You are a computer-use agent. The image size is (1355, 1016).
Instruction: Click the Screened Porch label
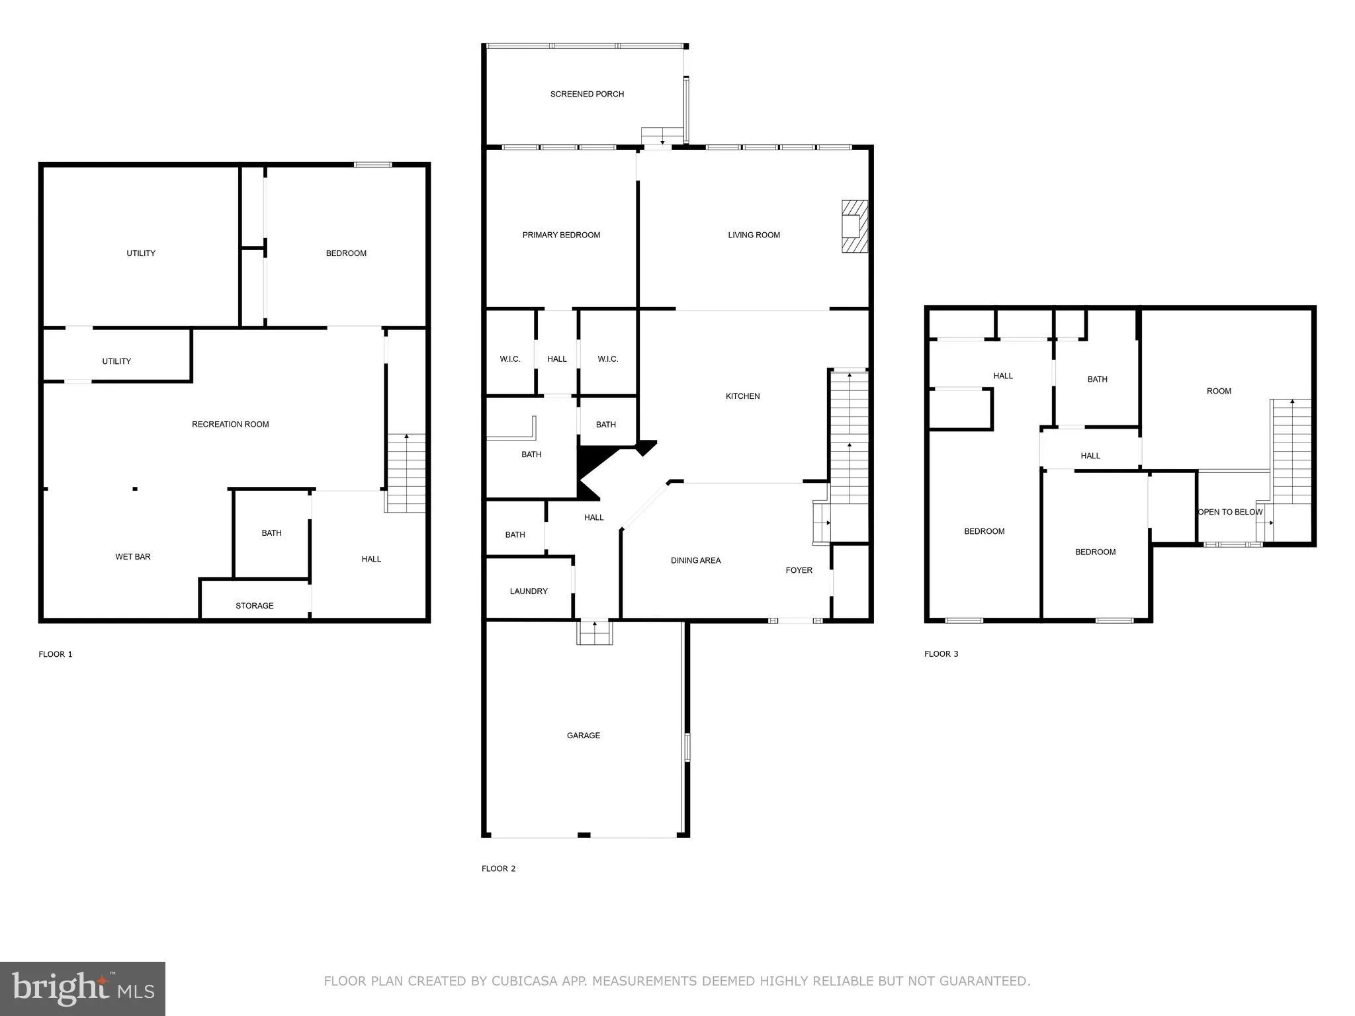point(587,95)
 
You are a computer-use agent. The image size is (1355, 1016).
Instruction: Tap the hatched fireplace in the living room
point(854,226)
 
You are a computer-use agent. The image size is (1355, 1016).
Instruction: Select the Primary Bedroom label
point(561,235)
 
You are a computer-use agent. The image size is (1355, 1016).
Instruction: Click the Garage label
point(583,736)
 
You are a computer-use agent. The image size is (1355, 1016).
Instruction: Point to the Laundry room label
point(529,591)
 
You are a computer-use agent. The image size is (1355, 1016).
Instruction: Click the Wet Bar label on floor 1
point(133,557)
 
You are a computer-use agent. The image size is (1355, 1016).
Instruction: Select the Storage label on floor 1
point(254,606)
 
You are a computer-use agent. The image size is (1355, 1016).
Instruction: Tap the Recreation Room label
point(230,425)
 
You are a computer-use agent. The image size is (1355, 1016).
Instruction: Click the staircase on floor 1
point(406,472)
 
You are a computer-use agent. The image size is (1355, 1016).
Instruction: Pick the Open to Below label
point(1230,512)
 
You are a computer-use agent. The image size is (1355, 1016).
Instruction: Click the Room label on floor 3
point(1219,392)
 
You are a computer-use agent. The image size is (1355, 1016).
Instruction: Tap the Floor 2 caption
point(498,868)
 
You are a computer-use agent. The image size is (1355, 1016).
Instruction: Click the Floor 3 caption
point(941,654)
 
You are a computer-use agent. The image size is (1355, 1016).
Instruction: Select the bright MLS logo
point(83,988)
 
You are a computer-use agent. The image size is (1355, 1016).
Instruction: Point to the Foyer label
point(799,570)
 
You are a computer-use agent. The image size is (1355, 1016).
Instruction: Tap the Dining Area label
point(695,561)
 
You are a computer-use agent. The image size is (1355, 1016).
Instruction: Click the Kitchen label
point(742,396)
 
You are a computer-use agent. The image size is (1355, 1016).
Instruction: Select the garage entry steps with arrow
point(594,632)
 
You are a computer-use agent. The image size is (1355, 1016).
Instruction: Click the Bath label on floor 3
point(1097,380)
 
